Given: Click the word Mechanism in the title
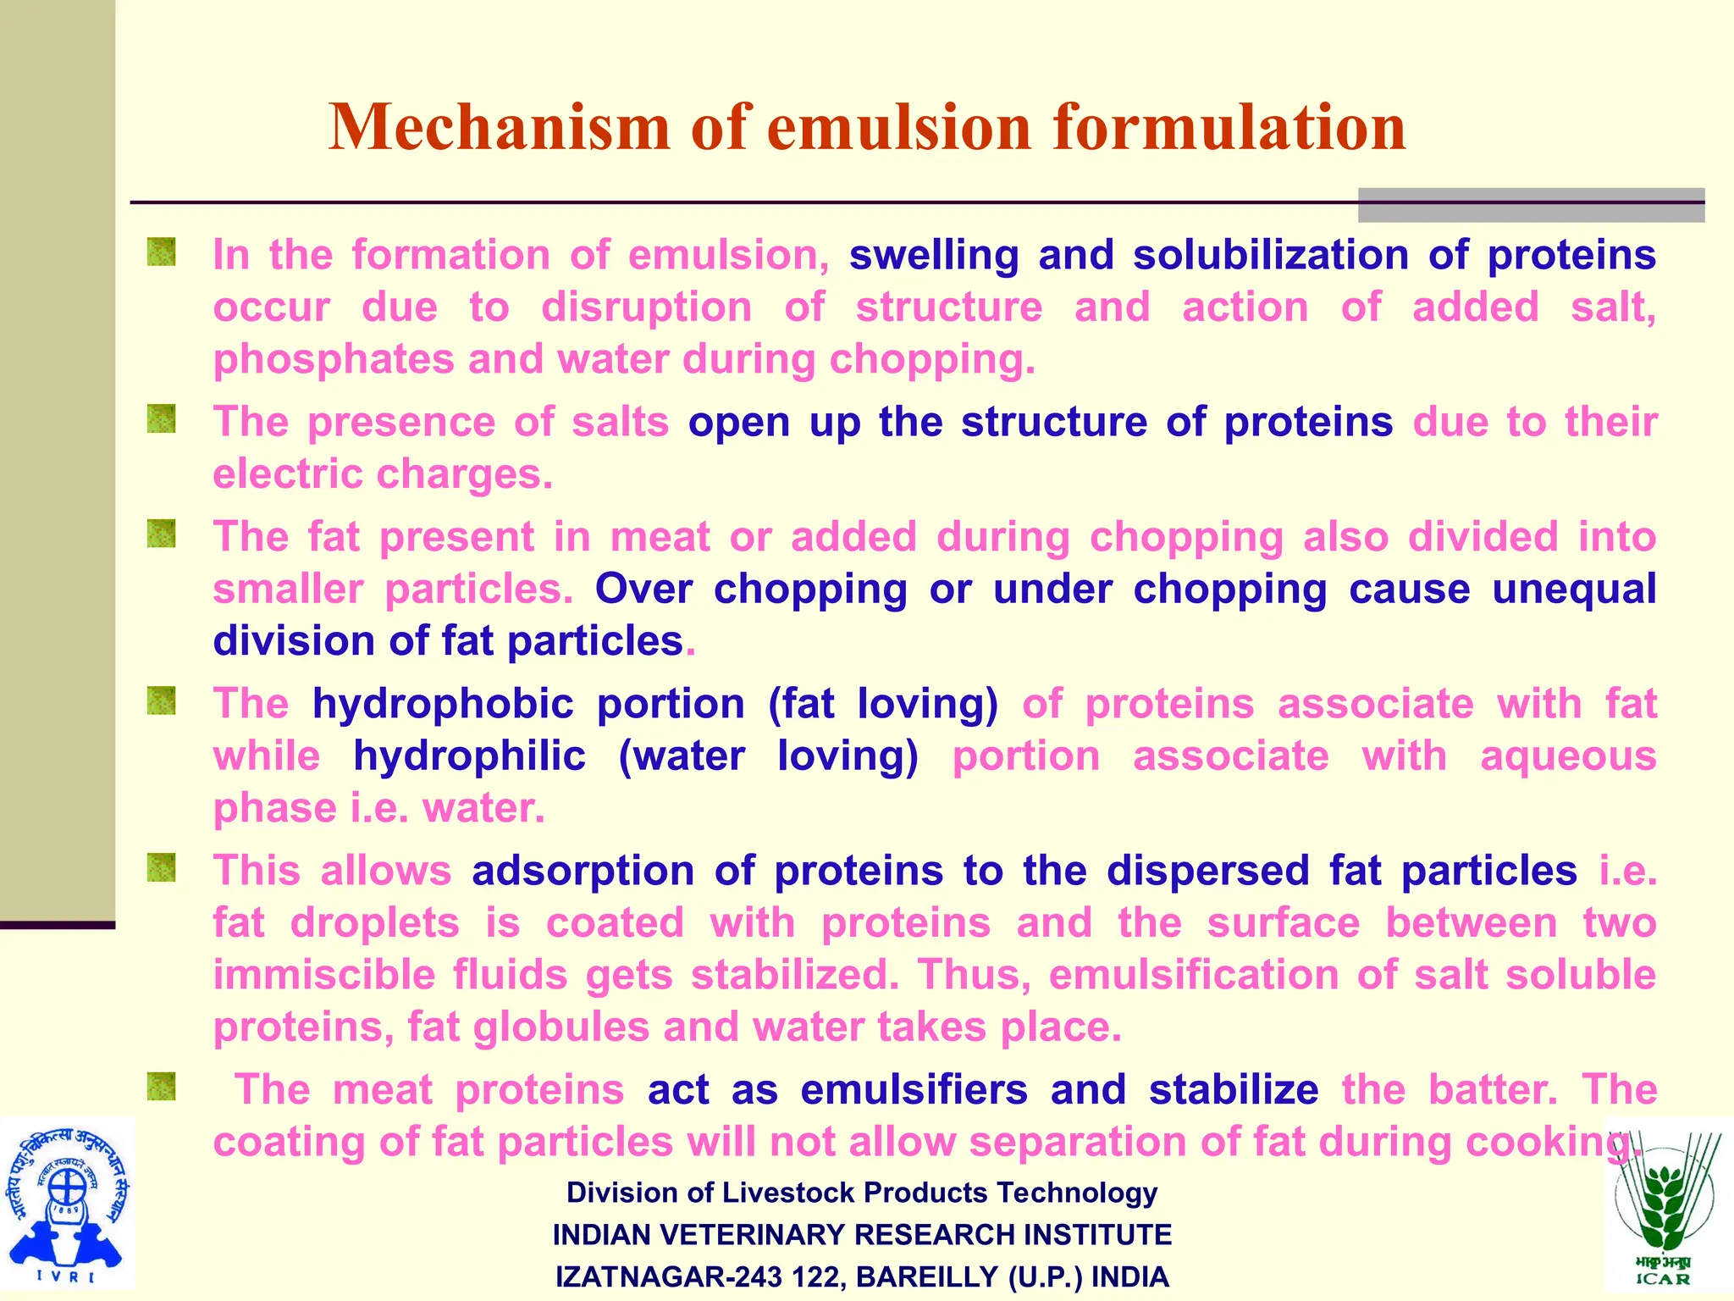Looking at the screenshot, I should click(500, 127).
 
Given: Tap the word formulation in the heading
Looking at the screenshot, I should click(1229, 127).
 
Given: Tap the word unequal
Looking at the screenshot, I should click(1573, 590).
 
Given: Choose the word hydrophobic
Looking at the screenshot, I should click(444, 705).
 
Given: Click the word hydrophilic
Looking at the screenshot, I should click(469, 756).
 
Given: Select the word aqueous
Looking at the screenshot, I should click(1568, 756).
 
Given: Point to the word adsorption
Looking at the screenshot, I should click(583, 872).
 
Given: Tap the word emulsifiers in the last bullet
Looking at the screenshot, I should click(914, 1090).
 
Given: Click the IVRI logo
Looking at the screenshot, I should click(67, 1204).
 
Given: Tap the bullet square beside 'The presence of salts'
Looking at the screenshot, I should click(161, 418).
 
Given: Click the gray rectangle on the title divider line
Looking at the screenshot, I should click(1531, 205).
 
